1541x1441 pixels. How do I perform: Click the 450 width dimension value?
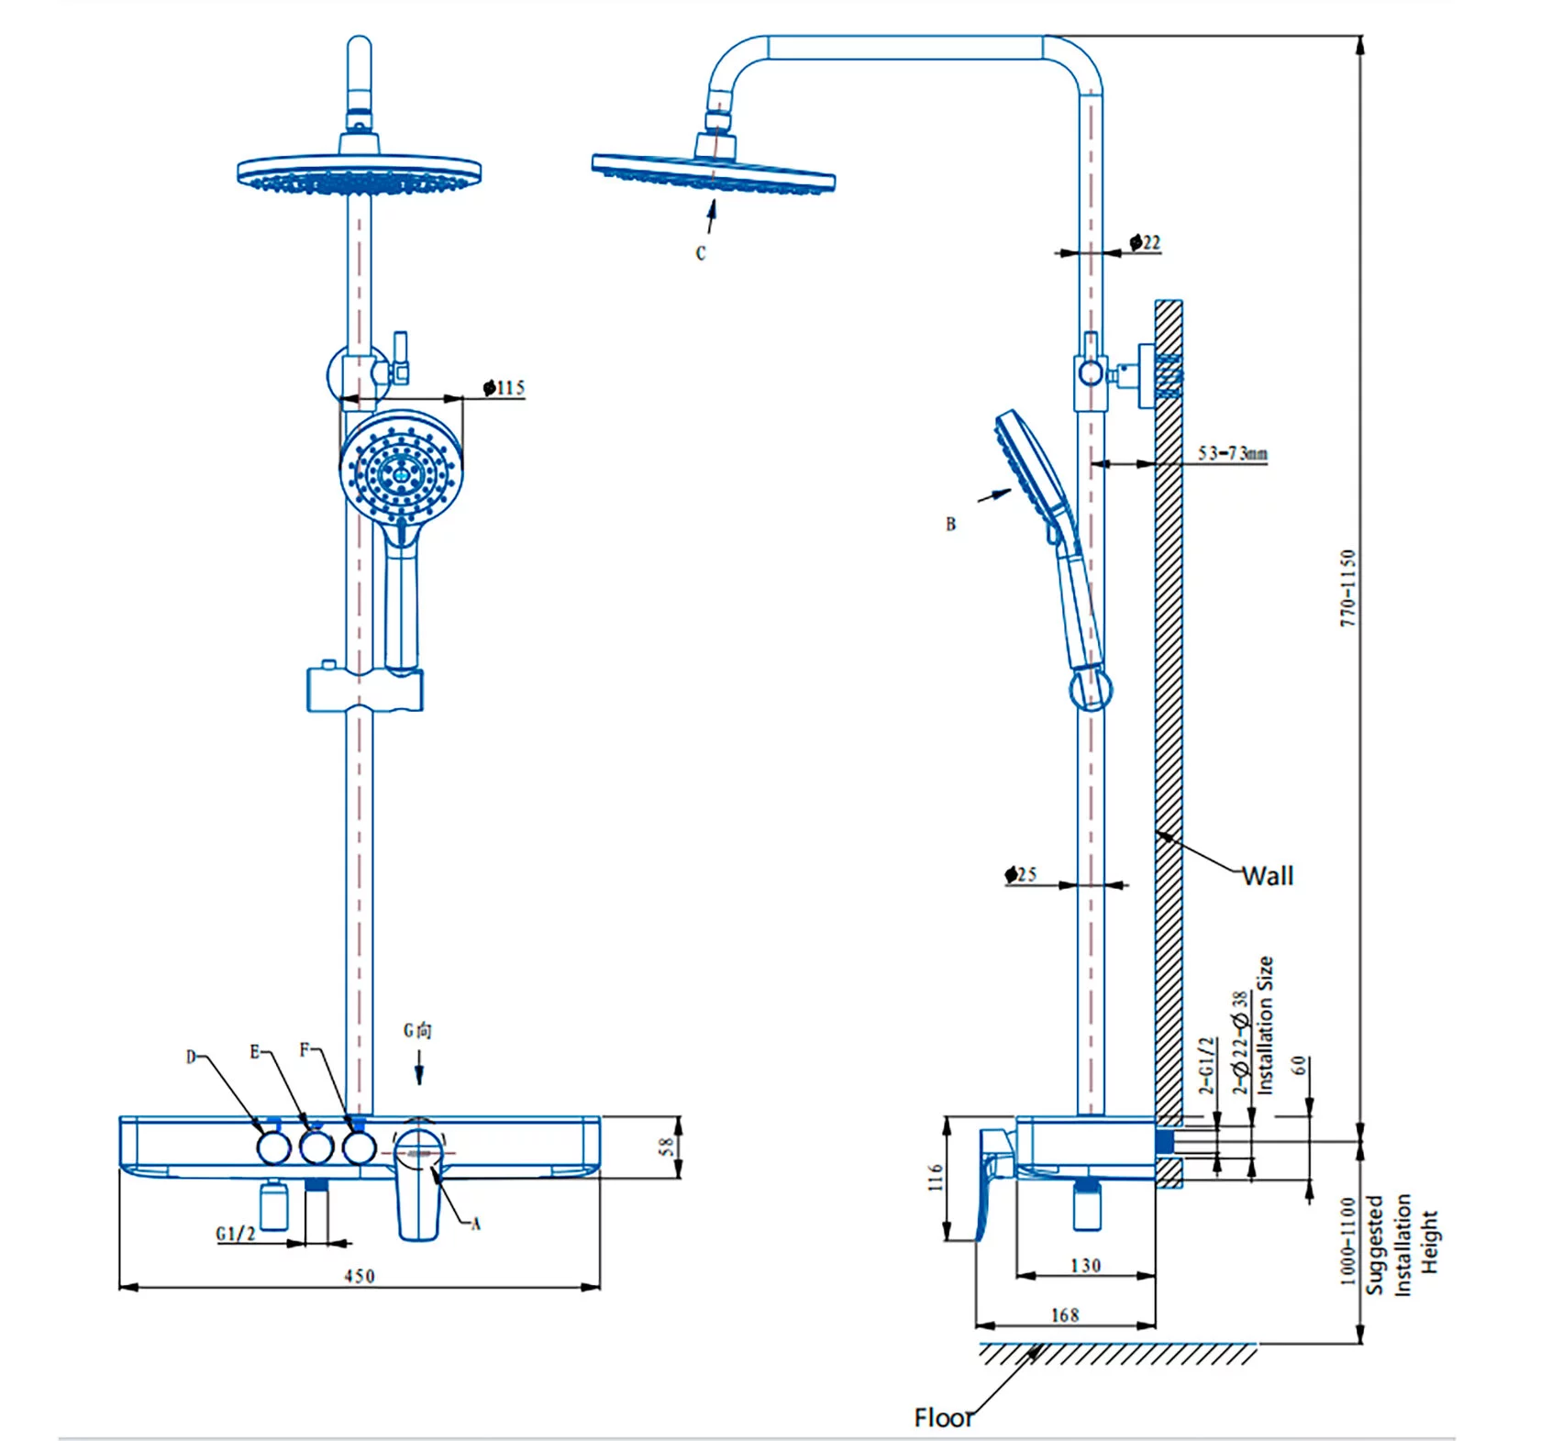point(360,1276)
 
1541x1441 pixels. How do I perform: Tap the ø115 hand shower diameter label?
point(504,388)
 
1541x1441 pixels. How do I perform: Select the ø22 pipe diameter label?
point(1146,243)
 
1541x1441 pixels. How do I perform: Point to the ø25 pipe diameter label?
point(1021,874)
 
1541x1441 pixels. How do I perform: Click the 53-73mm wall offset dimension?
point(1233,453)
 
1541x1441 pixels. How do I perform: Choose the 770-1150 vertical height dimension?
point(1347,588)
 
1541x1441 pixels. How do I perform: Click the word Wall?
point(1268,876)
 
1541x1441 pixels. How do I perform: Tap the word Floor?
point(944,1417)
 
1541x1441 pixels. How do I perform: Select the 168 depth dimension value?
point(1065,1315)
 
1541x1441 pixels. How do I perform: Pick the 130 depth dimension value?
point(1085,1266)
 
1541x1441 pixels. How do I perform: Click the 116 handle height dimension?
point(935,1178)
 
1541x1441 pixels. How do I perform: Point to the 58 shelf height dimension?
point(667,1147)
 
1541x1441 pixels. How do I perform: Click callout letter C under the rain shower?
point(701,253)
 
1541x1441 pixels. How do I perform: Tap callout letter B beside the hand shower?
point(951,525)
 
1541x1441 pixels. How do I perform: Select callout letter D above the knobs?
point(191,1057)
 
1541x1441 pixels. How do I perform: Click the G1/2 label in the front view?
point(236,1234)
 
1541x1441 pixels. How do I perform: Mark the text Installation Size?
point(1266,1025)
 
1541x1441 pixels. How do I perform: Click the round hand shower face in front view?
point(402,473)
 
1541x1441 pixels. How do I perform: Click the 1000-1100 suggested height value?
point(1347,1241)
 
